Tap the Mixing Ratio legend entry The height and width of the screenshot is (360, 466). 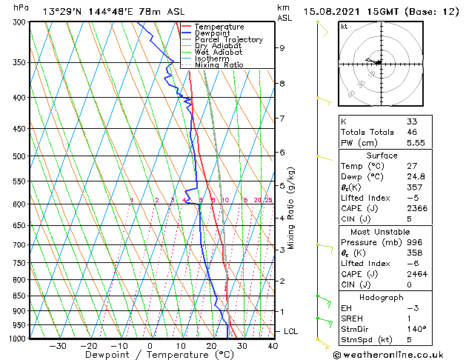click(219, 65)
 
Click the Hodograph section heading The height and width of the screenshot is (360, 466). click(382, 297)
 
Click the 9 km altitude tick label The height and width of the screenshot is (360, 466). click(282, 48)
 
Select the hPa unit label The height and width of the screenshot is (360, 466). click(21, 7)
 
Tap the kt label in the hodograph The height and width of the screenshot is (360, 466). click(344, 26)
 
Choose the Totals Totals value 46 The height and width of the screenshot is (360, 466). click(412, 131)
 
